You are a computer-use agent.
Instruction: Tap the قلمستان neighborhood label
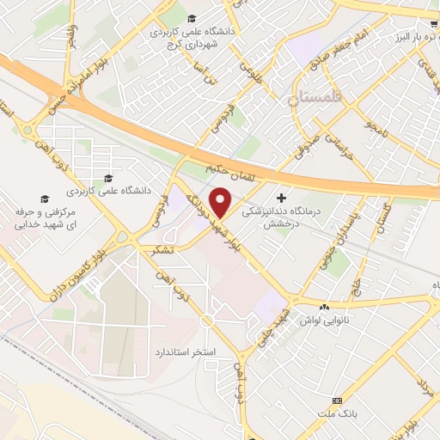click(x=316, y=99)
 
